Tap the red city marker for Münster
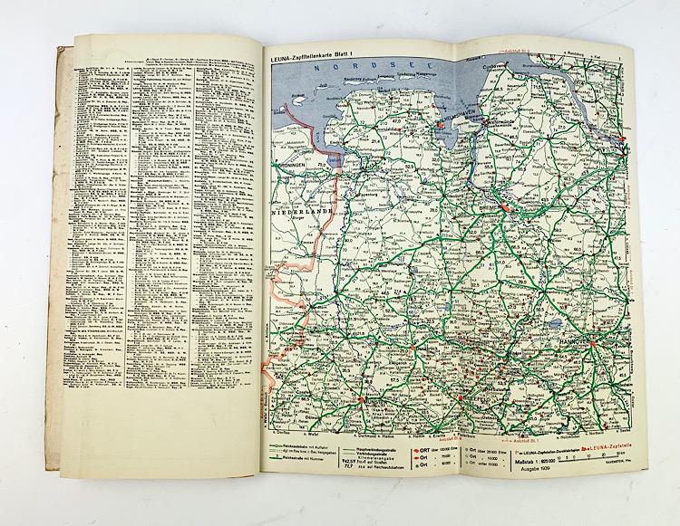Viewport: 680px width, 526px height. (x=364, y=396)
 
